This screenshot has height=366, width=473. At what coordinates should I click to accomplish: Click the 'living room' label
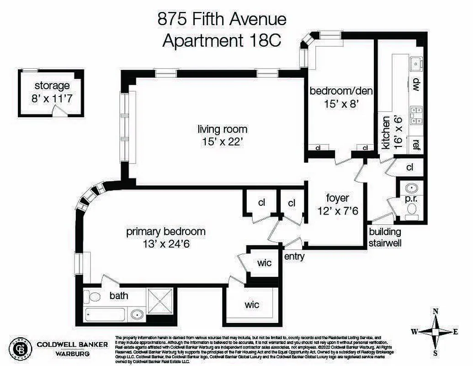[x=223, y=129]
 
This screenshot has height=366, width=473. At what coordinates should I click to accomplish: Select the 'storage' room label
[x=52, y=86]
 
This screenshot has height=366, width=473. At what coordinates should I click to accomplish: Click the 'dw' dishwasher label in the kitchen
[x=416, y=85]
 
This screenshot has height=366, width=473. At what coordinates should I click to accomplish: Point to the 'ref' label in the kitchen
[x=416, y=145]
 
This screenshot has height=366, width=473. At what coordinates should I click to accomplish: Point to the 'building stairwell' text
[x=385, y=237]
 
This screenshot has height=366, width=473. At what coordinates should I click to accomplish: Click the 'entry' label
[x=294, y=257]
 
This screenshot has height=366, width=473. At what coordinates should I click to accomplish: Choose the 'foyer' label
[x=337, y=198]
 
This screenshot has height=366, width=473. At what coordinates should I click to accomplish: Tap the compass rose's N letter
[x=436, y=312]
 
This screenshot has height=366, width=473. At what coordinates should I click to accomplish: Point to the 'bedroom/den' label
[x=341, y=91]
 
